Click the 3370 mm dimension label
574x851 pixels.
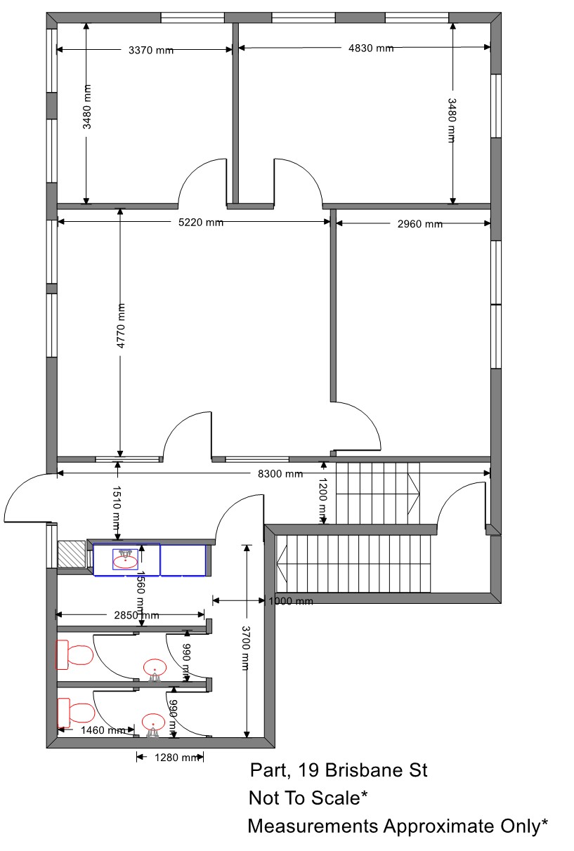click(x=151, y=50)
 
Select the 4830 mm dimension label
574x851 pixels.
click(x=371, y=48)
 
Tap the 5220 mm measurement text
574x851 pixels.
click(x=201, y=223)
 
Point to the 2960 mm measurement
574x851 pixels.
click(x=420, y=224)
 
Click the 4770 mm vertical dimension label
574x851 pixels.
click(x=121, y=326)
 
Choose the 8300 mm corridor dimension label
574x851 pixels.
click(x=280, y=474)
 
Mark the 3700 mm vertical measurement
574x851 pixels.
click(x=246, y=648)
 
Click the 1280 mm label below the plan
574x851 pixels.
click(x=177, y=758)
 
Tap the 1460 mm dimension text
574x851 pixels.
click(x=103, y=730)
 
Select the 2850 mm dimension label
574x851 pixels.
click(x=136, y=615)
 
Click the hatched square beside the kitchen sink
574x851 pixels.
click(x=72, y=554)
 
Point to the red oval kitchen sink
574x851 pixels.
click(x=126, y=562)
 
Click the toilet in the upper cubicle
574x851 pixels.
click(x=75, y=654)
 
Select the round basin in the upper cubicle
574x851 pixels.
click(x=155, y=668)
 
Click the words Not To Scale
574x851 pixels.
click(x=304, y=798)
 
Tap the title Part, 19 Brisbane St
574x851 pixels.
click(x=339, y=770)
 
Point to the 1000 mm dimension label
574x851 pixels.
click(x=291, y=602)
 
